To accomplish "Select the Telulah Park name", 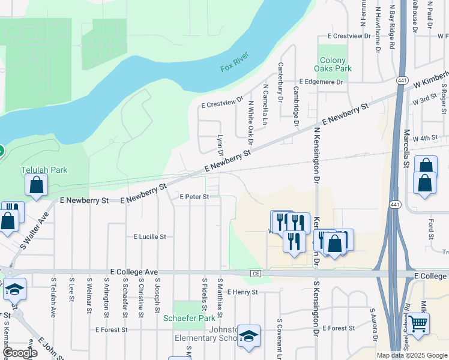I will pos(44,170).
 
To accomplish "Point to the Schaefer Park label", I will pos(189,318).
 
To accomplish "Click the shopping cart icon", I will pos(418,325).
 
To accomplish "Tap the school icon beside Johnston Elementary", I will pos(248,338).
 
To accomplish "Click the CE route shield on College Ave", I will pos(255,274).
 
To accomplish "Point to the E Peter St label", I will pos(194,197).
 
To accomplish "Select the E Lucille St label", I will pos(149,237).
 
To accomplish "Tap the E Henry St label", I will pos(243,292).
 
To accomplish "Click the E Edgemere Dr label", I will pos(321,82).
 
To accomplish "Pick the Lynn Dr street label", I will pos(220,143).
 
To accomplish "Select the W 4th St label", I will pos(426,138).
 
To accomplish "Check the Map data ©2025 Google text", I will pos(411,355).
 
